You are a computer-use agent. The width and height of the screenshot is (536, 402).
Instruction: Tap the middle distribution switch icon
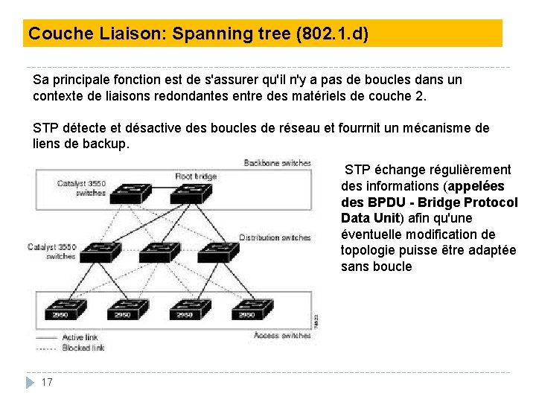pos(162,252)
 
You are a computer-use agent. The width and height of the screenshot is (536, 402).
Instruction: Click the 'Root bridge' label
pos(196,176)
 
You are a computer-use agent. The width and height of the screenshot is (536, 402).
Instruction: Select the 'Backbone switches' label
pos(277,163)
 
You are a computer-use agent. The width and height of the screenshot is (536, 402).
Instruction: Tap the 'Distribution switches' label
pos(275,237)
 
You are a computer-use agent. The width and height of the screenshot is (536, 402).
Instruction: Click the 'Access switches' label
pos(282,335)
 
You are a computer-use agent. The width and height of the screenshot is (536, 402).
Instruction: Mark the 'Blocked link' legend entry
pos(82,348)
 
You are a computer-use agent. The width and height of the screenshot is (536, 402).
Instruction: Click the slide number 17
pos(47,382)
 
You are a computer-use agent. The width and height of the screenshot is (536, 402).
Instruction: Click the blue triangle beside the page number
pos(30,382)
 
